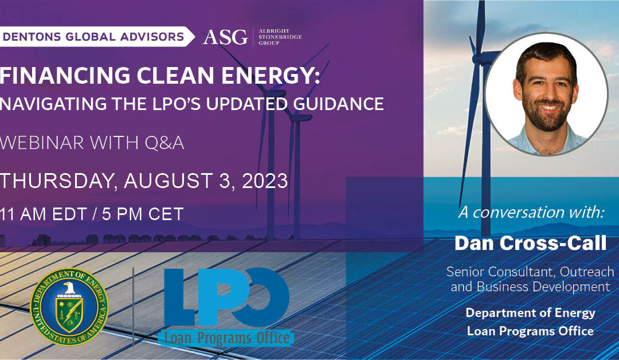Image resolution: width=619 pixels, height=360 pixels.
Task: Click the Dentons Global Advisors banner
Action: pyautogui.click(x=95, y=37)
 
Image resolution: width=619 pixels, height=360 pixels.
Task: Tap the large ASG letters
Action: pyautogui.click(x=225, y=37)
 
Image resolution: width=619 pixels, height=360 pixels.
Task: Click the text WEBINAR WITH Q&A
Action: pyautogui.click(x=92, y=144)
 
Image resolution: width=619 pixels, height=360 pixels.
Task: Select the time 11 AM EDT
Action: pyautogui.click(x=46, y=214)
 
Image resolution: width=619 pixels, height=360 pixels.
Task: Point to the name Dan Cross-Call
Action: pyautogui.click(x=530, y=243)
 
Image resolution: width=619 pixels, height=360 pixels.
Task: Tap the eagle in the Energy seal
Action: pyautogui.click(x=69, y=290)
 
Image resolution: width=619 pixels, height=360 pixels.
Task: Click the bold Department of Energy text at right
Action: pyautogui.click(x=530, y=313)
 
